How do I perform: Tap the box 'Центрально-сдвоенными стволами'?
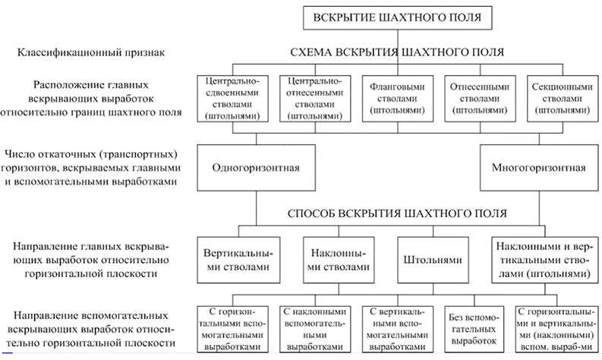(x=229, y=98)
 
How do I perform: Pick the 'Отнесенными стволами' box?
(x=475, y=98)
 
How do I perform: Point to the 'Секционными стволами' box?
(x=559, y=98)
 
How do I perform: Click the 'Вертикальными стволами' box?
(x=238, y=260)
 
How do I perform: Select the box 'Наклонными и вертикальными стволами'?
(x=541, y=260)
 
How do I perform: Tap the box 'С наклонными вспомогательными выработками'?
(x=314, y=327)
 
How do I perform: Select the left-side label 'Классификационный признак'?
(x=89, y=52)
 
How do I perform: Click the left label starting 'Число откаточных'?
(x=90, y=167)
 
